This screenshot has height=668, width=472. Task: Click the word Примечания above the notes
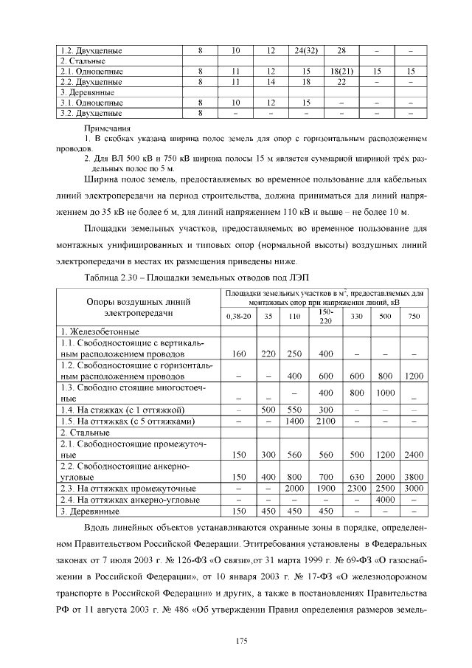pos(103,128)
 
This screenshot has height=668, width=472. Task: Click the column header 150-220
pos(325,316)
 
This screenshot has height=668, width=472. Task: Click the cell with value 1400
pos(294,421)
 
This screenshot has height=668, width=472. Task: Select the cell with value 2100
pos(325,421)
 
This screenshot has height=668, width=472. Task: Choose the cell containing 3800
pos(413,477)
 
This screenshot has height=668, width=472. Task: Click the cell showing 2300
pos(356,488)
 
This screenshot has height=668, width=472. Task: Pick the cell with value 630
pos(356,477)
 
